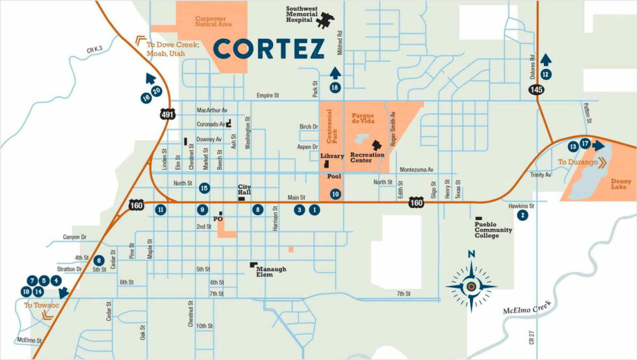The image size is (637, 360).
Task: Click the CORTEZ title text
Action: [269, 49]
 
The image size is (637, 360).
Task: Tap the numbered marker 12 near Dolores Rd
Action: [546, 74]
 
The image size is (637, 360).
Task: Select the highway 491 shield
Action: [167, 114]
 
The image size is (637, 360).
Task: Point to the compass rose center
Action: [471, 285]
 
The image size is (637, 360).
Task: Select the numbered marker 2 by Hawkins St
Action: [521, 215]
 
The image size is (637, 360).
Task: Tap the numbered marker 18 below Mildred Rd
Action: [335, 87]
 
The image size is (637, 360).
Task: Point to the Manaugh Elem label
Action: [270, 272]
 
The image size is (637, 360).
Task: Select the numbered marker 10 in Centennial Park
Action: [335, 194]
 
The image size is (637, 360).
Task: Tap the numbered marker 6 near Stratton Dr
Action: [99, 260]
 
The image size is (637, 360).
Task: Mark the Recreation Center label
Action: [367, 158]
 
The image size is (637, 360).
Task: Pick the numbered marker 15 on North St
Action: [205, 188]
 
